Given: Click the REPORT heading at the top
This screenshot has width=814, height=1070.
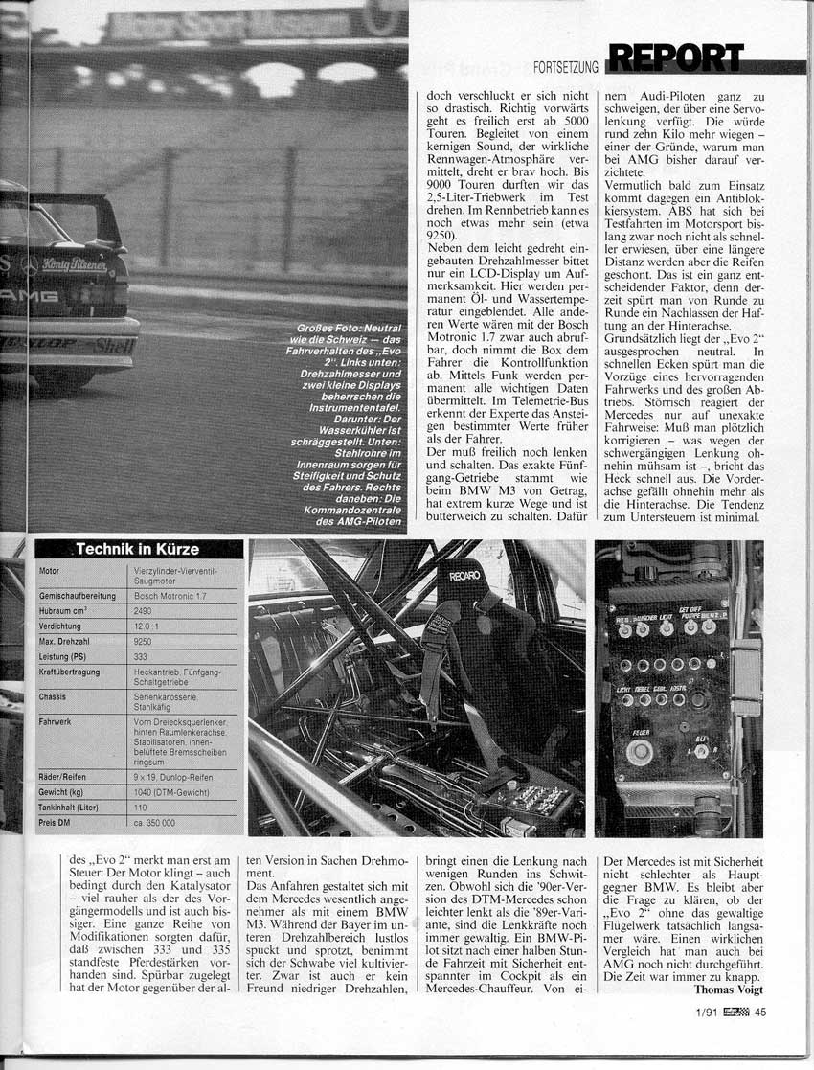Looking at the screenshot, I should (x=674, y=58).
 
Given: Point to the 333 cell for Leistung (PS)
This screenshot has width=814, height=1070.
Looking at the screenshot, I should (x=141, y=655).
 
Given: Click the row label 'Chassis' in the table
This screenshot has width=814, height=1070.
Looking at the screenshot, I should (x=53, y=696).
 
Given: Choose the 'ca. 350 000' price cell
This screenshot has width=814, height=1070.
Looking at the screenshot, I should (x=152, y=823).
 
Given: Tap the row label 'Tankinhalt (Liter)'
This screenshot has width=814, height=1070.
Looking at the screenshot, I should (x=72, y=807).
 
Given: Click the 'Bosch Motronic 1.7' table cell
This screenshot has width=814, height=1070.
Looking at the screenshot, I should (x=169, y=595).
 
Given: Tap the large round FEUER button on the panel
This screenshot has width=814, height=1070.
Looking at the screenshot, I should (x=639, y=750).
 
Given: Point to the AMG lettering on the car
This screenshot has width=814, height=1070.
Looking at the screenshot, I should (x=29, y=296).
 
